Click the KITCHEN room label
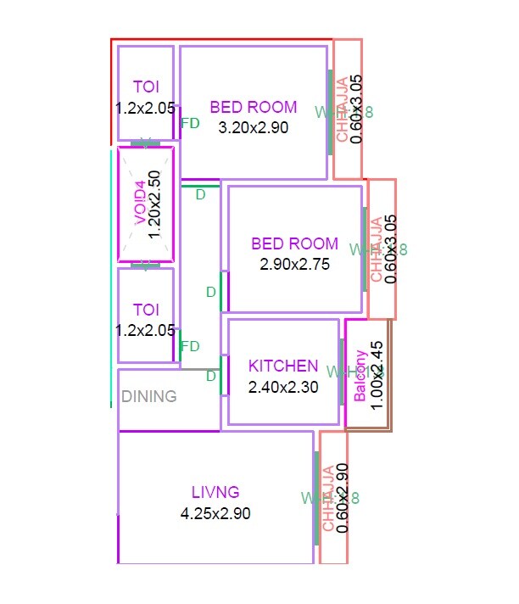(x=283, y=366)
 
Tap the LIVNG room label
(x=215, y=491)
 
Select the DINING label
(x=149, y=396)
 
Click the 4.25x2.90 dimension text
(x=215, y=513)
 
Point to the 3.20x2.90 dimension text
(x=254, y=128)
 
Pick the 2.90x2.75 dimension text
(x=294, y=264)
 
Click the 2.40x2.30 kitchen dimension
(x=283, y=388)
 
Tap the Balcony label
(x=360, y=375)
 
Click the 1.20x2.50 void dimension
(x=154, y=203)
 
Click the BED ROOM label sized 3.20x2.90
(x=254, y=107)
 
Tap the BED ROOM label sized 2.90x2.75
(x=294, y=243)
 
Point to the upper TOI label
(x=146, y=86)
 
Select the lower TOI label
(x=146, y=309)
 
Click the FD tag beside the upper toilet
(x=191, y=123)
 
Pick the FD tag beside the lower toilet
(x=191, y=346)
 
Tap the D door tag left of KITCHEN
(x=212, y=377)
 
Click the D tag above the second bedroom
(x=201, y=195)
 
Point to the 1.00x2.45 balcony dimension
(x=378, y=375)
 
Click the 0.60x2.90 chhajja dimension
(x=343, y=498)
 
